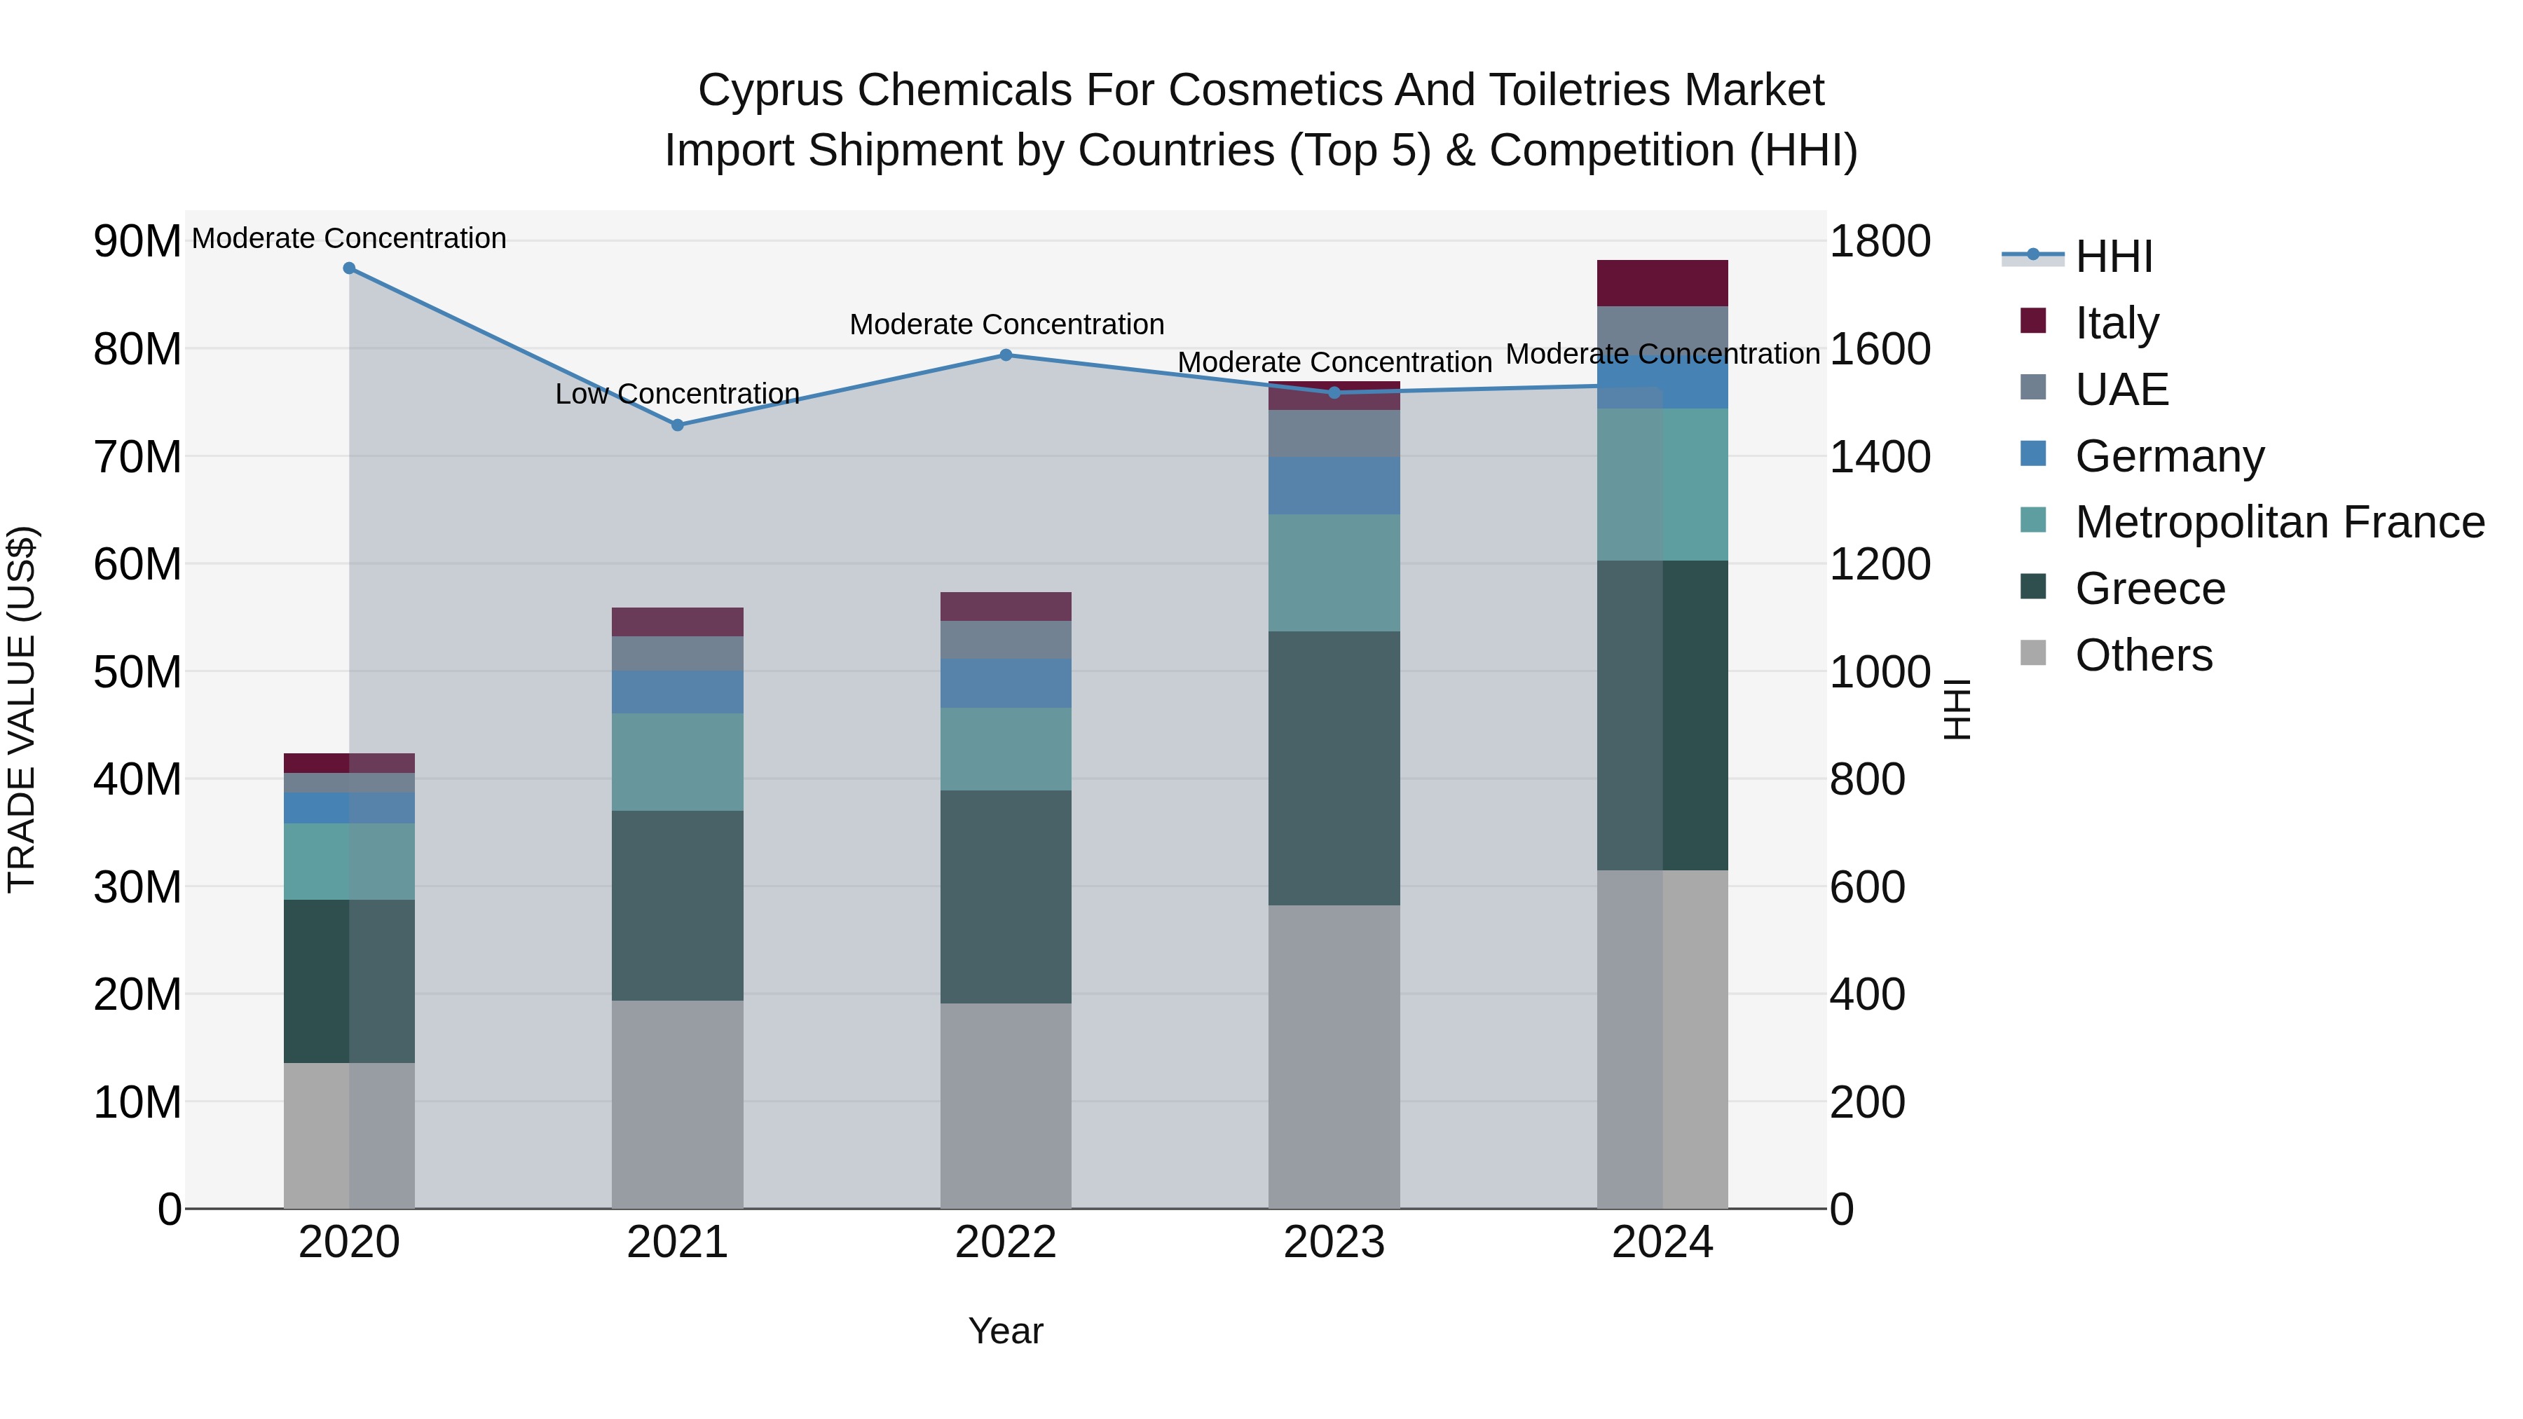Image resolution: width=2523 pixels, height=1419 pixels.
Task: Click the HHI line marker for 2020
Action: [x=349, y=268]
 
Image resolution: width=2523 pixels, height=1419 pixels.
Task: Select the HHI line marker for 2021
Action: [x=677, y=425]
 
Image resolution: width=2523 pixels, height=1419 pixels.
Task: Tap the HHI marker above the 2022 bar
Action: [x=1005, y=355]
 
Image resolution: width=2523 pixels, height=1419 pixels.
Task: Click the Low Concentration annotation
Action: [x=677, y=394]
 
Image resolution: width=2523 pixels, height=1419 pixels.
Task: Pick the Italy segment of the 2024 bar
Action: [x=1662, y=283]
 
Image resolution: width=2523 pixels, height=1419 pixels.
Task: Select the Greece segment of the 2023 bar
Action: [x=1333, y=768]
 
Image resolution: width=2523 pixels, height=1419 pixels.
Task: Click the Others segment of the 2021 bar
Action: [x=677, y=1104]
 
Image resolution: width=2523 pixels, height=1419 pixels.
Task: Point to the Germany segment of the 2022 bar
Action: [x=1005, y=683]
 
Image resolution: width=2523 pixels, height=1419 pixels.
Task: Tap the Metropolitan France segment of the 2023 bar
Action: [x=1333, y=573]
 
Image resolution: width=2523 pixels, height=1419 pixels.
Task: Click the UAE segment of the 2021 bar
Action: [x=677, y=653]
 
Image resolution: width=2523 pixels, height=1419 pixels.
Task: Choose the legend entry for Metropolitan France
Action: [x=2279, y=522]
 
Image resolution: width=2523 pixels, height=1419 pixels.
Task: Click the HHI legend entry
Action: [x=2114, y=256]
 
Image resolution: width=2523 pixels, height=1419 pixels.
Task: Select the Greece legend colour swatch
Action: [x=2033, y=588]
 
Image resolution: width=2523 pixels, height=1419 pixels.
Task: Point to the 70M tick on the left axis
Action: [x=137, y=458]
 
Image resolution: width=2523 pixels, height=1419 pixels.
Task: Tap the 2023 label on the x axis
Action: [x=1333, y=1242]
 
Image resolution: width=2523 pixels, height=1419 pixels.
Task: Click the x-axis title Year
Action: [x=1005, y=1331]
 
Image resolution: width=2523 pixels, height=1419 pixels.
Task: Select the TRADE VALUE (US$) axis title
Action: [x=22, y=709]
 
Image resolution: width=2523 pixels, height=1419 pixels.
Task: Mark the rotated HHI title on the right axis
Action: [x=1957, y=709]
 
